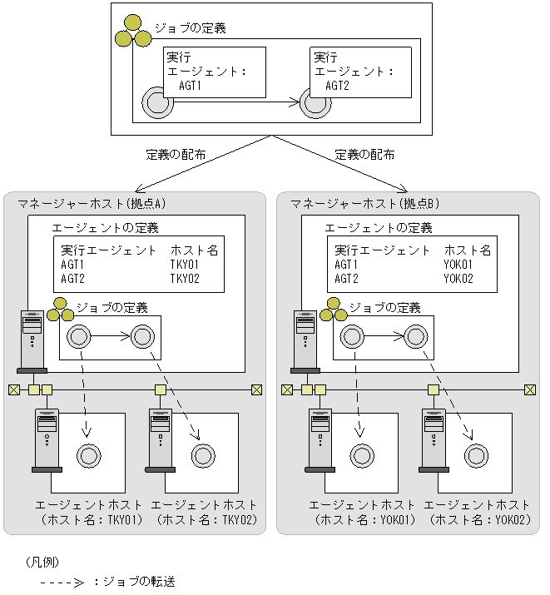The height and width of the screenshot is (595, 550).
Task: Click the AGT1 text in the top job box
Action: point(191,85)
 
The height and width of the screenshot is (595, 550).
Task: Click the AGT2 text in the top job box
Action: point(337,85)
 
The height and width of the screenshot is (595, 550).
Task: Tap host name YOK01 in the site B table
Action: point(459,265)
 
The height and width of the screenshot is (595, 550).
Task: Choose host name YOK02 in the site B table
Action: point(459,279)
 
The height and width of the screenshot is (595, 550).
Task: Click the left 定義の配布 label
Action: point(176,155)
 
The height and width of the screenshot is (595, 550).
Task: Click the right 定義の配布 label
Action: point(364,155)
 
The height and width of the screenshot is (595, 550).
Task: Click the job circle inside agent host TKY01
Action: point(88,455)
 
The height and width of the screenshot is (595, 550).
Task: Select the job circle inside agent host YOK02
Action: point(475,455)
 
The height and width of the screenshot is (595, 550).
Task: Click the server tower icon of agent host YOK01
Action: point(320,439)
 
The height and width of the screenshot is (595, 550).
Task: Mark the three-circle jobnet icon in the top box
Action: point(133,31)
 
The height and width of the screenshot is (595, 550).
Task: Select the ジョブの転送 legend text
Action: point(137,582)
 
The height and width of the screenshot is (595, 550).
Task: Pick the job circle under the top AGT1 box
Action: point(156,103)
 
